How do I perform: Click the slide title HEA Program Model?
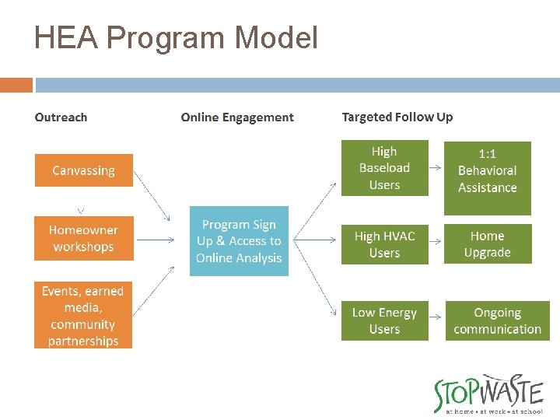pyautogui.click(x=176, y=37)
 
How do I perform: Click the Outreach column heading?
pyautogui.click(x=61, y=117)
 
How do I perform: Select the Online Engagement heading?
pyautogui.click(x=237, y=117)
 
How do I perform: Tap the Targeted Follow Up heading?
pyautogui.click(x=397, y=117)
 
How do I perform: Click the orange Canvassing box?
pyautogui.click(x=83, y=170)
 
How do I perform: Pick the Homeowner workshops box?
pyautogui.click(x=83, y=239)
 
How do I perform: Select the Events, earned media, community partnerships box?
pyautogui.click(x=83, y=315)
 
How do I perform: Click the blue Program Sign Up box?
pyautogui.click(x=239, y=241)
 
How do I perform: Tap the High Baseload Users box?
pyautogui.click(x=384, y=168)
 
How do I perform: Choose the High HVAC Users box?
pyautogui.click(x=384, y=244)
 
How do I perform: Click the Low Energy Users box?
pyautogui.click(x=384, y=320)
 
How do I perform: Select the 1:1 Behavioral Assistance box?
pyautogui.click(x=487, y=178)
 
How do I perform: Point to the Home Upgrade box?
pyautogui.click(x=487, y=244)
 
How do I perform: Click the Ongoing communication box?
pyautogui.click(x=497, y=320)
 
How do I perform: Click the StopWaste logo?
pyautogui.click(x=488, y=394)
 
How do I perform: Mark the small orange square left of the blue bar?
pyautogui.click(x=16, y=85)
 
